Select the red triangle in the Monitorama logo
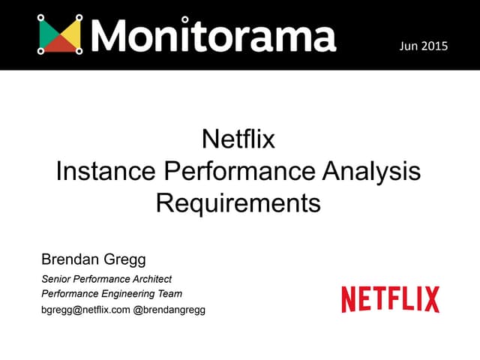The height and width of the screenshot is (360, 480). click(x=60, y=45)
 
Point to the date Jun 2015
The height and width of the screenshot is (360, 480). click(x=424, y=46)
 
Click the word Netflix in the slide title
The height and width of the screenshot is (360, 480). click(x=239, y=140)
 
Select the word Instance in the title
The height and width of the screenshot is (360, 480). click(x=104, y=172)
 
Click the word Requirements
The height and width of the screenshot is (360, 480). click(x=238, y=203)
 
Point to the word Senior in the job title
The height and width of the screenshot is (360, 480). click(x=56, y=279)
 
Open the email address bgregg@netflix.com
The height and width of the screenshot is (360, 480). click(x=85, y=310)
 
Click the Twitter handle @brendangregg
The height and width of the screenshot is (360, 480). click(x=169, y=310)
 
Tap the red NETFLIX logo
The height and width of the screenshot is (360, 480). click(x=390, y=299)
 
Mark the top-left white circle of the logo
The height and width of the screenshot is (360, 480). click(x=40, y=16)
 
